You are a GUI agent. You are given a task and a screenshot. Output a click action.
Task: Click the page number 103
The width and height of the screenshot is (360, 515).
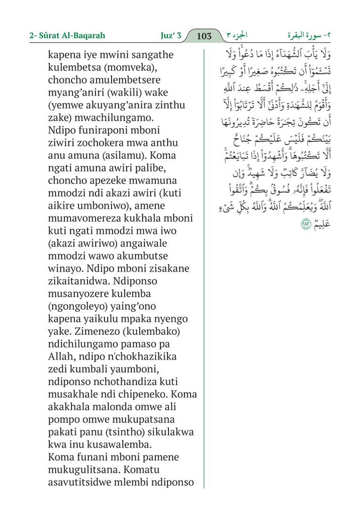click(x=205, y=36)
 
